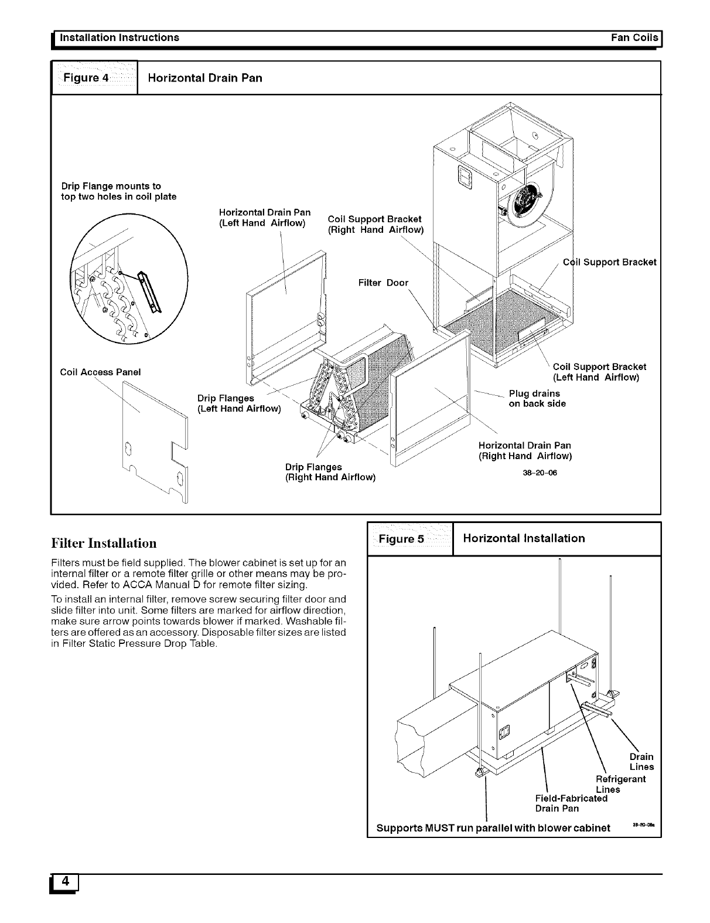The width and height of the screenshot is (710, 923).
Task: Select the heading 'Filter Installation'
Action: (104, 542)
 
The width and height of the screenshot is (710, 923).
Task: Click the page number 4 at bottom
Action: (65, 881)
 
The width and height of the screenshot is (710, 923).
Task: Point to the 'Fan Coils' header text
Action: (634, 38)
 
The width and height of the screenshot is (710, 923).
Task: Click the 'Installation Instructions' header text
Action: (117, 38)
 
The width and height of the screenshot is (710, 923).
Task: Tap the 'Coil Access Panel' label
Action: (101, 372)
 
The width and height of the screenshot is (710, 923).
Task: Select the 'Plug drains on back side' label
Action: (537, 398)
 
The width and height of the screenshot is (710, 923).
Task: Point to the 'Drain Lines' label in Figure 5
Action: (641, 762)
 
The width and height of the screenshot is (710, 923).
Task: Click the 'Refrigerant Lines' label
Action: (620, 784)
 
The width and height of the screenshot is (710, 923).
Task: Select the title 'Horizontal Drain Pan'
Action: (205, 78)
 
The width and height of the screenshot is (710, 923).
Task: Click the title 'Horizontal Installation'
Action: (524, 538)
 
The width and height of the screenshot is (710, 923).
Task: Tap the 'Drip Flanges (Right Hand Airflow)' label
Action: (330, 472)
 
